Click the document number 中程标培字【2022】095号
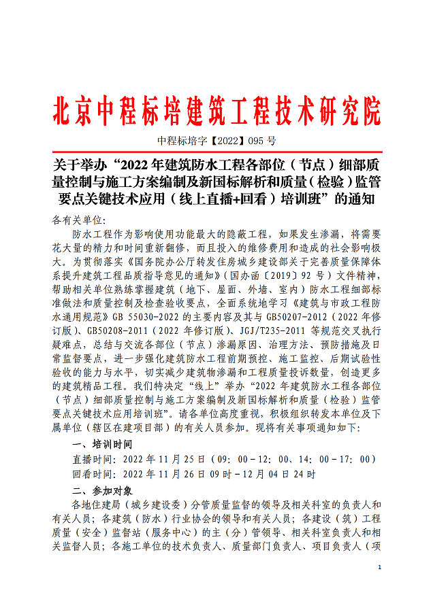coord(216,142)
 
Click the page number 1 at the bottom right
coord(379,566)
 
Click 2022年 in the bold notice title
coord(149,167)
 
